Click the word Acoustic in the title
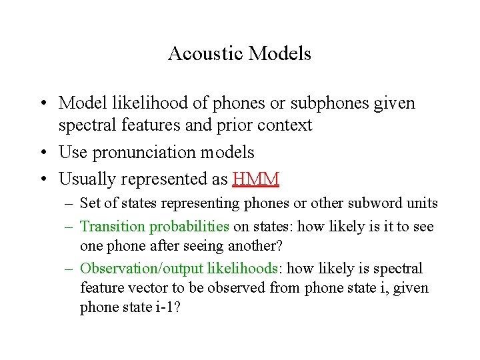pos(206,53)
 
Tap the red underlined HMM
pos(256,179)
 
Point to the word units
pos(421,203)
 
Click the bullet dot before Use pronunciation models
pos(43,153)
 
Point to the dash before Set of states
pos(68,203)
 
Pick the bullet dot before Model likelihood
pos(43,103)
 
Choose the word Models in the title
pos(280,53)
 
